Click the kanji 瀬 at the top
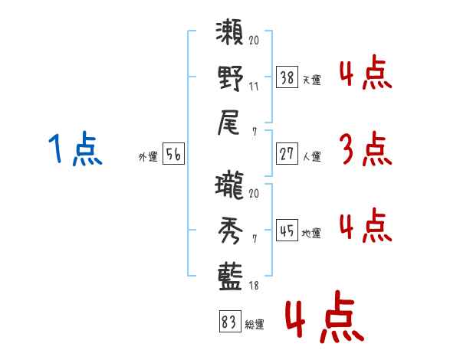pyautogui.click(x=231, y=35)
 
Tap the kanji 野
pyautogui.click(x=231, y=78)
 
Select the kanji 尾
pyautogui.click(x=231, y=123)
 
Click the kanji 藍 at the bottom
pyautogui.click(x=231, y=273)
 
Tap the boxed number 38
pyautogui.click(x=287, y=77)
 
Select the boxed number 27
pyautogui.click(x=287, y=154)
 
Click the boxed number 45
pyautogui.click(x=287, y=231)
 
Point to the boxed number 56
pyautogui.click(x=173, y=154)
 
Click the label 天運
pyautogui.click(x=312, y=80)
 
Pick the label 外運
pyautogui.click(x=147, y=156)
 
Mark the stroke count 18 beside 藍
pyautogui.click(x=254, y=284)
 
